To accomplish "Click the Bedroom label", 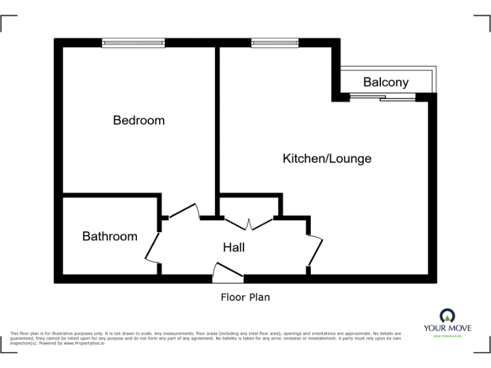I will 139,120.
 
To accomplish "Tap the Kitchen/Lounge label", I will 327,158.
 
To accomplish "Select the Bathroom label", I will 110,236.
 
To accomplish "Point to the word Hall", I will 233,247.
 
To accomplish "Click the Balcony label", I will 386,82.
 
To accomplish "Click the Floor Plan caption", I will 245,297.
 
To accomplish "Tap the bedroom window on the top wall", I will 134,43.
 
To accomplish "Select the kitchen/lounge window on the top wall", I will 275,43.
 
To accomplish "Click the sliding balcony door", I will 382,98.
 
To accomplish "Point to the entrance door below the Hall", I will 227,273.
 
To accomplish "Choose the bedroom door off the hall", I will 184,211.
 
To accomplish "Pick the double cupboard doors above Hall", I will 248,222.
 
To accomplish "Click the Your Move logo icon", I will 448,315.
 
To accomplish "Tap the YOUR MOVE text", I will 448,328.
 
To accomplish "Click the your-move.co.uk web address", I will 448,336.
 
